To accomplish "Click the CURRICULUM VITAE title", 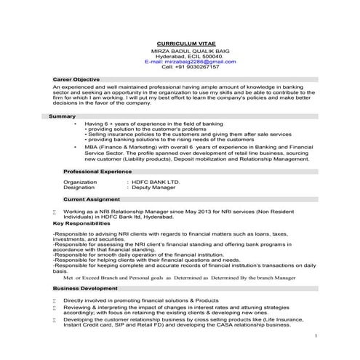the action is [x=180, y=44].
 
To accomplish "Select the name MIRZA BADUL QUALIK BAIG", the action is [x=180, y=51].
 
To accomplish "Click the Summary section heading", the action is [x=62, y=116].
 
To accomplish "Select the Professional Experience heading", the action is [x=97, y=170].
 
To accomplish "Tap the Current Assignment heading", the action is [x=92, y=198].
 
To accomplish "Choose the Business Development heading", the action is [x=90, y=288].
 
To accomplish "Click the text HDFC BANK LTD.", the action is [x=157, y=181].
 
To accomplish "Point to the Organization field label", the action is [x=80, y=181].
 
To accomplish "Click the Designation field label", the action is [x=79, y=187].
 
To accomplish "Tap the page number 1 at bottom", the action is [x=316, y=337].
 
